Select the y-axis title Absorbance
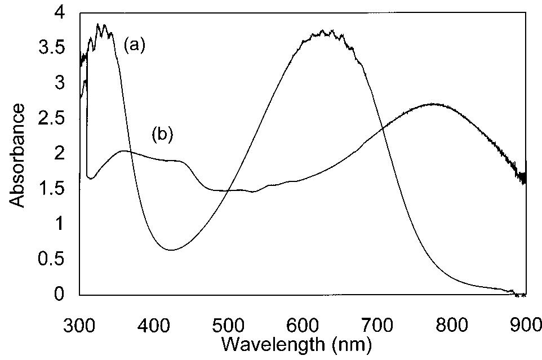pyautogui.click(x=17, y=154)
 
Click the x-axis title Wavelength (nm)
pyautogui.click(x=295, y=342)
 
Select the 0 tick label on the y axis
pyautogui.click(x=66, y=294)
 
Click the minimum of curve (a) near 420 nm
pyautogui.click(x=171, y=250)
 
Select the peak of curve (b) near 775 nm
pyautogui.click(x=433, y=104)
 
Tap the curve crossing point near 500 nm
pyautogui.click(x=227, y=190)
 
